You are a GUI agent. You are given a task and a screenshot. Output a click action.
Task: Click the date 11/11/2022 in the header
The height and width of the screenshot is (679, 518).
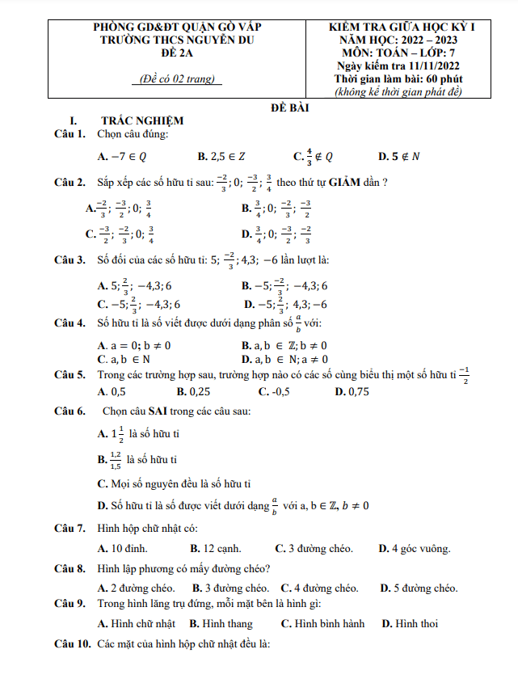pos(435,65)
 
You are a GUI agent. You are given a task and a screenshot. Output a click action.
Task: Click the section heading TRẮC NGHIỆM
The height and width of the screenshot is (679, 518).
pos(142,120)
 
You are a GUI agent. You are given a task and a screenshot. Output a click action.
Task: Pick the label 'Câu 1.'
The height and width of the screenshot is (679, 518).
pos(70,133)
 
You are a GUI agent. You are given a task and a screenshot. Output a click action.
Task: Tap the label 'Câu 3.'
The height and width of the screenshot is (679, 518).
pos(70,260)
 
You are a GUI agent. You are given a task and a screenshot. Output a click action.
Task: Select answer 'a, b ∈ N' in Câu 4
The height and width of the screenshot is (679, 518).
pos(128,358)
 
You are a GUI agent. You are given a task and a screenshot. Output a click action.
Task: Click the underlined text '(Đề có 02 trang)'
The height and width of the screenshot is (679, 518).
pos(175,79)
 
